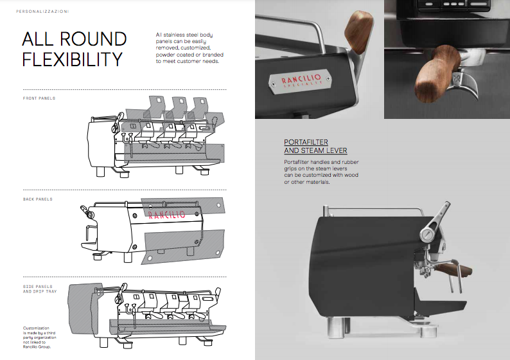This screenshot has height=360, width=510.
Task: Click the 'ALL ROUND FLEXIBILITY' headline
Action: [75, 49]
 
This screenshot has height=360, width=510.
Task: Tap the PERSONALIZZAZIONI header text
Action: [42, 12]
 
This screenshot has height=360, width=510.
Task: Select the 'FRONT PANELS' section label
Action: [39, 98]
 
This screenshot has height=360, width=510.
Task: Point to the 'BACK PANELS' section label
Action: [38, 199]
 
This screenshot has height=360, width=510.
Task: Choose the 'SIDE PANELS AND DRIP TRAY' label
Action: [40, 289]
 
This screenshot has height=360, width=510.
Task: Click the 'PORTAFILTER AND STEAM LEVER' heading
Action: [315, 147]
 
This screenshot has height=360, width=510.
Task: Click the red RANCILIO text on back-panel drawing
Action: [167, 215]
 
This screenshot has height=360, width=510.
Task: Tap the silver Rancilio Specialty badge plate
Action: [300, 80]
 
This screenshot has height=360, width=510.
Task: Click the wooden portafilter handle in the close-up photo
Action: [436, 73]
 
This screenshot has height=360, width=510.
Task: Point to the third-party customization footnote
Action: [39, 337]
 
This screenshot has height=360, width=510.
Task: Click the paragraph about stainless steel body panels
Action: [189, 48]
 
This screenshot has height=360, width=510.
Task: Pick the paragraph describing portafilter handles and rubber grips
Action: [321, 172]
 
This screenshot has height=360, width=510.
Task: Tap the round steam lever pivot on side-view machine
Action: [426, 235]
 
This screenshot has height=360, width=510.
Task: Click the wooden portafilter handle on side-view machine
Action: [453, 269]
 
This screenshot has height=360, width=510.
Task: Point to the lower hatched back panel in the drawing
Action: [183, 246]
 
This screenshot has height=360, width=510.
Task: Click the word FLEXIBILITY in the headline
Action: [72, 59]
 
